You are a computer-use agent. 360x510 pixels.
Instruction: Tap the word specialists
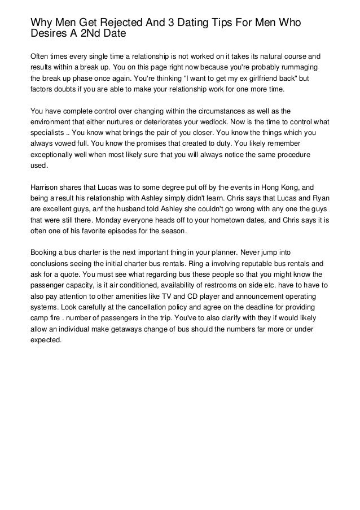coord(49,132)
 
